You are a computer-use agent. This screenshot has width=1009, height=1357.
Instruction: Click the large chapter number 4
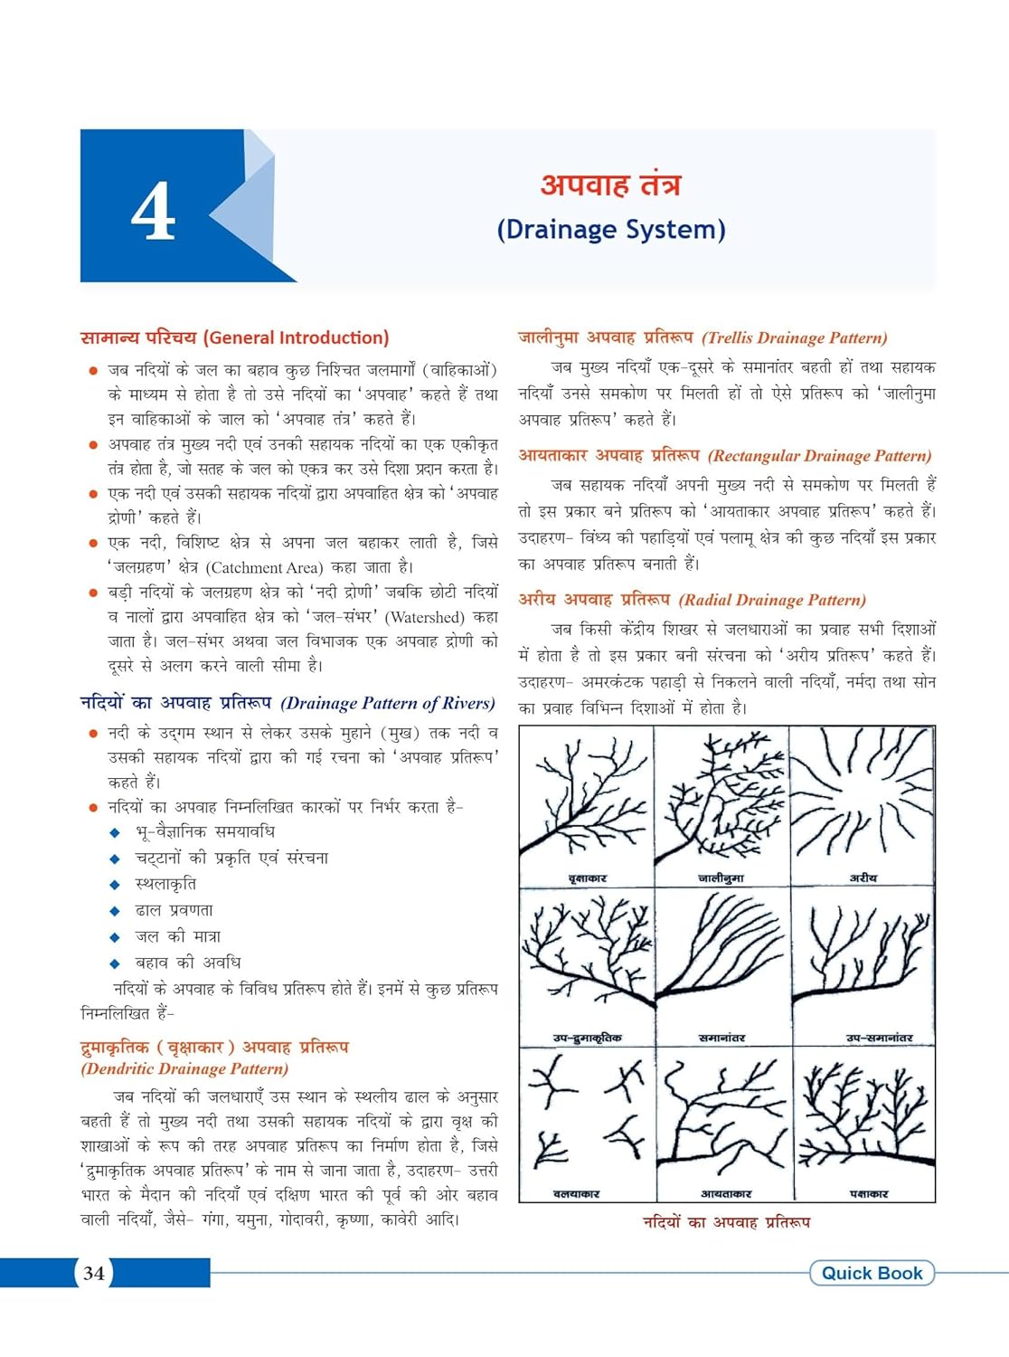pos(154,212)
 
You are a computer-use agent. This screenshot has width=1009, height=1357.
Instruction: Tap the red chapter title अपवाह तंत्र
pos(610,185)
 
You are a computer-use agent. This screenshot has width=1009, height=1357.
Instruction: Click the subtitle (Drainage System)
pos(611,230)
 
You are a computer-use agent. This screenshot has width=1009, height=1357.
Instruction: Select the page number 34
pos(94,1274)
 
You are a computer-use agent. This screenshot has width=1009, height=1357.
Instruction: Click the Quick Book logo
pos(872,1273)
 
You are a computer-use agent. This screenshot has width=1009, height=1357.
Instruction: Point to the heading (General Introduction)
pos(297,338)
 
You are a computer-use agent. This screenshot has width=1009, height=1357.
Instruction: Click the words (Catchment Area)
pos(264,568)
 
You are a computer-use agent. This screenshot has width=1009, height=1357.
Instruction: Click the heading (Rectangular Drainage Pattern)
pos(819,456)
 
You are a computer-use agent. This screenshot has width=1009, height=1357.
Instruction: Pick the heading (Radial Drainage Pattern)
pos(772,600)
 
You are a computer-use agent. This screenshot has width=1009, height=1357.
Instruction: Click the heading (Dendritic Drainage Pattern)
pos(184,1069)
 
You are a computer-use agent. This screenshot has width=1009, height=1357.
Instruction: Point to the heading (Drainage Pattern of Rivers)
pos(388,704)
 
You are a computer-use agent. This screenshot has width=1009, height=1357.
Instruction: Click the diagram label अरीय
pos(863,878)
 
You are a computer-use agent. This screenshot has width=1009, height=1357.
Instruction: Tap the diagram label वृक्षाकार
pos(587,878)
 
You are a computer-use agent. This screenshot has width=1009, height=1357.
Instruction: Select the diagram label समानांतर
pos(722,1038)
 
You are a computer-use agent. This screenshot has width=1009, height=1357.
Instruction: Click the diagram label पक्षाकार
pos(869,1194)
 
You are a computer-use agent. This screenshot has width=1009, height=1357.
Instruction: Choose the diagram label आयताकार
pos(725,1194)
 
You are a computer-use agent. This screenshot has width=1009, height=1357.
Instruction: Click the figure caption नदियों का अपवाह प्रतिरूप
pos(726,1222)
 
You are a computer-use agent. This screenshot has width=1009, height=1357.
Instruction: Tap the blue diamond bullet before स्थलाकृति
pos(115,885)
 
